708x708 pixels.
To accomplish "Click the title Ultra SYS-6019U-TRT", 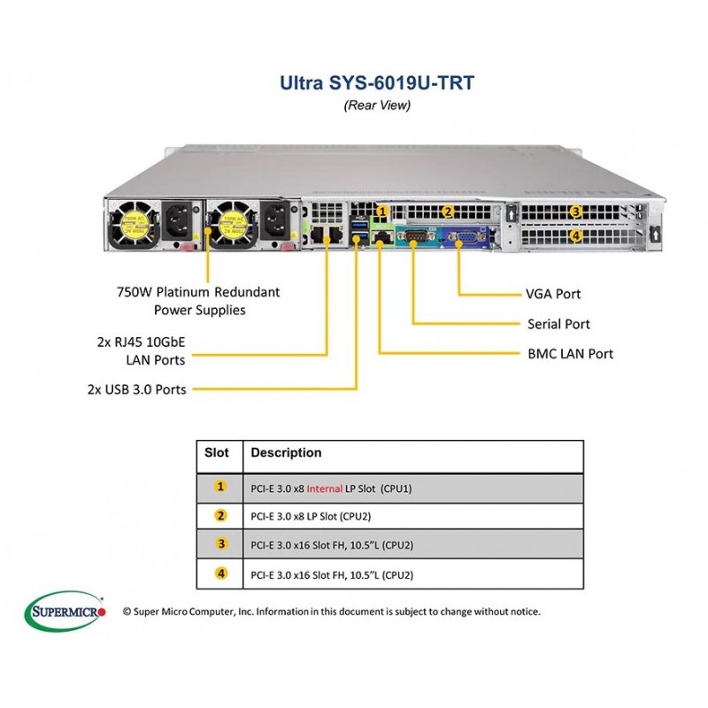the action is [x=377, y=82].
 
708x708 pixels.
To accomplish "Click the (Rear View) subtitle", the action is [x=377, y=105].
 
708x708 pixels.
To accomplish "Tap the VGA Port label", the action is [x=553, y=294].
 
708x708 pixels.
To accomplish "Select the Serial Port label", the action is [x=558, y=324].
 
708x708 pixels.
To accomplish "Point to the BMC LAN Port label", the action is [x=570, y=353].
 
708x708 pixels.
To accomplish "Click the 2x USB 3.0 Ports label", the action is [x=137, y=389].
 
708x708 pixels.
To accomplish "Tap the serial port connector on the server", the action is [x=414, y=236].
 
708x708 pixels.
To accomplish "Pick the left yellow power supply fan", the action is [x=134, y=225].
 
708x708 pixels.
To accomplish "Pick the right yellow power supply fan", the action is [x=232, y=225].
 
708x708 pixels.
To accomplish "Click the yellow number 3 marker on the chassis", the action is [x=576, y=212].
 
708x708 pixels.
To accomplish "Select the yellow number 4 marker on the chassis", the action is [x=576, y=235].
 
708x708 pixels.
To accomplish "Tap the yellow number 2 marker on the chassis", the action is [x=448, y=212].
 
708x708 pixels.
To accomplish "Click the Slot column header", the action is [x=217, y=452].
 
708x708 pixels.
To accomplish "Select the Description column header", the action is [x=286, y=452].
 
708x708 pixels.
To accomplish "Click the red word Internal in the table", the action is [x=324, y=489].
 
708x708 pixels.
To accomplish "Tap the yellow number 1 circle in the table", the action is [x=220, y=486].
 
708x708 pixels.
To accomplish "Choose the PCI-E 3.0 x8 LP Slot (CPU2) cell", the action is [x=311, y=516].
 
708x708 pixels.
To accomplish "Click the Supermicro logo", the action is [x=65, y=612].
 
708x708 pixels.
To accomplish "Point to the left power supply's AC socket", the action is [x=178, y=221].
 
